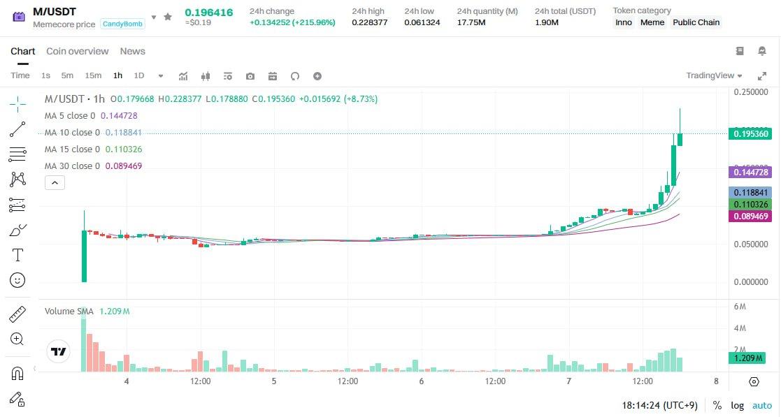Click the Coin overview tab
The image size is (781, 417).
point(77,51)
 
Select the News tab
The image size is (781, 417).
point(132,51)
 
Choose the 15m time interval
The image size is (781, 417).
point(93,75)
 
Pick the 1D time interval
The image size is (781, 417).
point(138,75)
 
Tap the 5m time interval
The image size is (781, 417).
point(67,75)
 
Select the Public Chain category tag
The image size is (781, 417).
point(696,22)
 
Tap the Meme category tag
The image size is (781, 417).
point(652,22)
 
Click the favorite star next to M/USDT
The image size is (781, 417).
point(168,16)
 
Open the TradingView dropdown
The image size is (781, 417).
point(714,75)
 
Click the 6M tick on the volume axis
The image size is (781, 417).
point(739,307)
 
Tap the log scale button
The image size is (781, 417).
point(738,405)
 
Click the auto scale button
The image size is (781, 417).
point(761,405)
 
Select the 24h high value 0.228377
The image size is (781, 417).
point(368,22)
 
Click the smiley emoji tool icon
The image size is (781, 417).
point(17,280)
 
